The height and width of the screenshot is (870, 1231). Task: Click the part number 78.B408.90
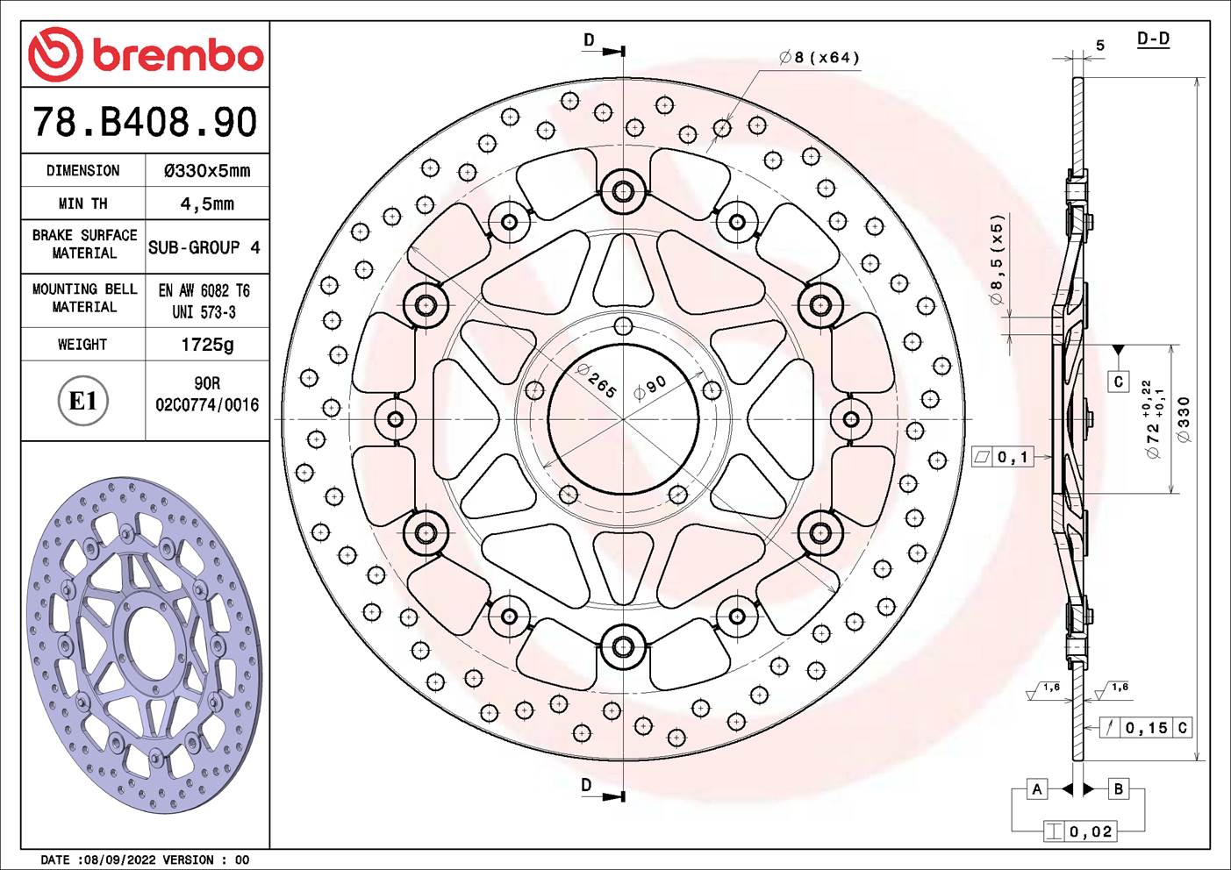coord(145,122)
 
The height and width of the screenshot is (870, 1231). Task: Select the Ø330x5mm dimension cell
coord(207,171)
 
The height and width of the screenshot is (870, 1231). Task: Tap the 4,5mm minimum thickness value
coord(207,203)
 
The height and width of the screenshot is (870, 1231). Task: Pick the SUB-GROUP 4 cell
coord(204,247)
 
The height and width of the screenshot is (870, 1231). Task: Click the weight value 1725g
coord(207,345)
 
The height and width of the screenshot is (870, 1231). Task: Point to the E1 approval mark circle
coord(82,402)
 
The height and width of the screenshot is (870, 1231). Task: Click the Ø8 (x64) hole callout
coord(819,58)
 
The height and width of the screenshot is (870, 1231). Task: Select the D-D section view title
coord(1153,39)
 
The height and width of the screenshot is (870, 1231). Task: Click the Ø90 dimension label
coord(650,387)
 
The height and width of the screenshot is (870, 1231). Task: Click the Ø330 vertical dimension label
coord(1184,419)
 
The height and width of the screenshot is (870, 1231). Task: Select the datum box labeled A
coord(1037,788)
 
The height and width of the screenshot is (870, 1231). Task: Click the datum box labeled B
coord(1118,788)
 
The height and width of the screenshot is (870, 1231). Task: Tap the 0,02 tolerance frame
coord(1090,831)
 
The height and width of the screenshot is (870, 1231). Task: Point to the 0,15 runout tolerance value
coord(1146,727)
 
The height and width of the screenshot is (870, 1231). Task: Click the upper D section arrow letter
coord(589,40)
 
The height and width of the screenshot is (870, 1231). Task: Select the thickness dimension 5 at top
coord(1099,46)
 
